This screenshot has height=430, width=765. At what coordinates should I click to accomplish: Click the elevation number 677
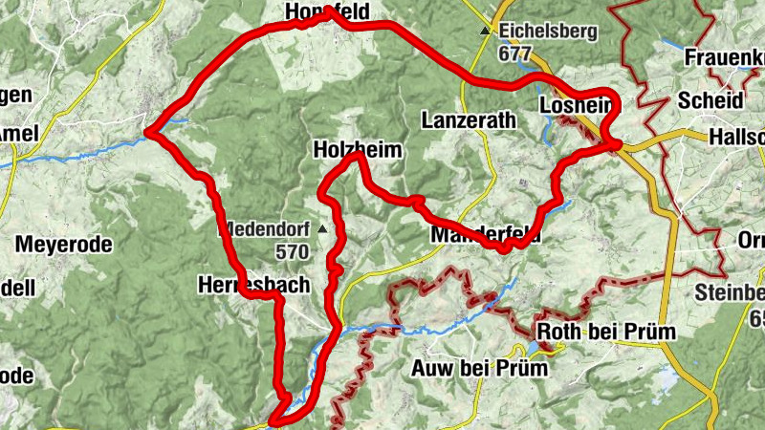514,54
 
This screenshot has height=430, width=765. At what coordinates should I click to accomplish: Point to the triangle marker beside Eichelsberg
485,32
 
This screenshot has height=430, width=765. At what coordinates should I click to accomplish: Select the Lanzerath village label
468,120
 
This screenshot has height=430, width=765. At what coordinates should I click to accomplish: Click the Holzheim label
357,150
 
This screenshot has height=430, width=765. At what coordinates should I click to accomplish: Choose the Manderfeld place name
486,235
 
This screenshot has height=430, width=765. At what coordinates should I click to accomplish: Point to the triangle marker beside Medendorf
323,229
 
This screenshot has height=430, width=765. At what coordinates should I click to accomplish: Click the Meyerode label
64,245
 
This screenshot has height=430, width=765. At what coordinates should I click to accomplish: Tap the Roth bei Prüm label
607,332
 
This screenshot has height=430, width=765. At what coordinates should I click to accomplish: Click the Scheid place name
710,100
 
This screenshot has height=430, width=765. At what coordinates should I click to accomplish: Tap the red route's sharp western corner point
146,133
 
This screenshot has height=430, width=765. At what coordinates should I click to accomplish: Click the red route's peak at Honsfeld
330,12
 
